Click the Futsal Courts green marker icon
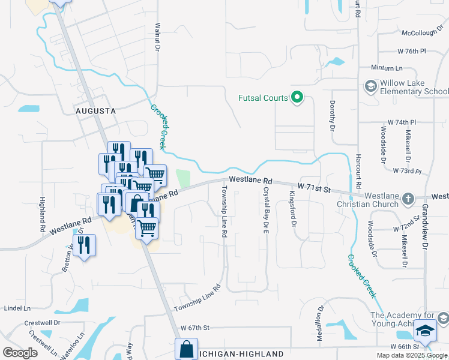(x=297, y=97)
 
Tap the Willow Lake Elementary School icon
(x=370, y=87)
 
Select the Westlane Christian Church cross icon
(x=408, y=199)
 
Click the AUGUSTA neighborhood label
(x=95, y=112)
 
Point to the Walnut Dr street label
(x=158, y=37)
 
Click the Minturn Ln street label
(x=386, y=68)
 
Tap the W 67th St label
(x=194, y=328)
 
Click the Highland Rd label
(x=43, y=215)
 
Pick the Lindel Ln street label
(x=17, y=308)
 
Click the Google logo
(x=20, y=352)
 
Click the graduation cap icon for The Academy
(x=426, y=330)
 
